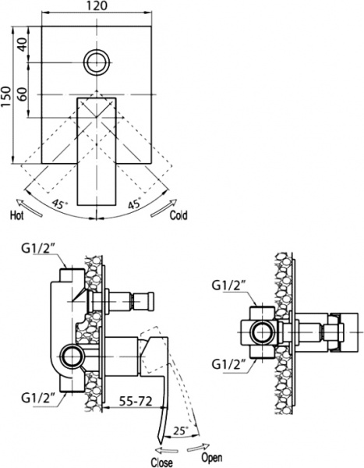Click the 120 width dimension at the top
pos(97,6)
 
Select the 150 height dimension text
pos(7,97)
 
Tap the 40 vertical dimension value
pos(22,45)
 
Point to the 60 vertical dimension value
pos(22,94)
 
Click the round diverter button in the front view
pos(97,61)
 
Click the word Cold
pos(178,214)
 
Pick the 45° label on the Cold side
pos(133,204)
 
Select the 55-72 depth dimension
pos(134,402)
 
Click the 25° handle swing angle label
pos(181,430)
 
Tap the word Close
pos(161,461)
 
